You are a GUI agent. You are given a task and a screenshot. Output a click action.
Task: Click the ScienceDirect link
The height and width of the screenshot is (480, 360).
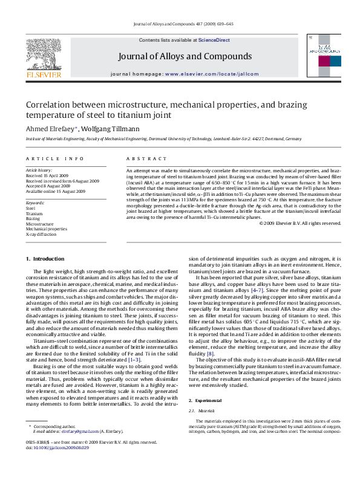214,40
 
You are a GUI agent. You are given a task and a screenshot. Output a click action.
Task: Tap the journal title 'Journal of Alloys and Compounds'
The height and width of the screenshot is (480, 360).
184,56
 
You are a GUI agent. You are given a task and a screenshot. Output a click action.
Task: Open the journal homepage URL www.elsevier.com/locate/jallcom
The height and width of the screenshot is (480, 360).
211,73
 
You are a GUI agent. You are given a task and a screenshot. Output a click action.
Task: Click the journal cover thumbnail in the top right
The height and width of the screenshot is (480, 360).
325,55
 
